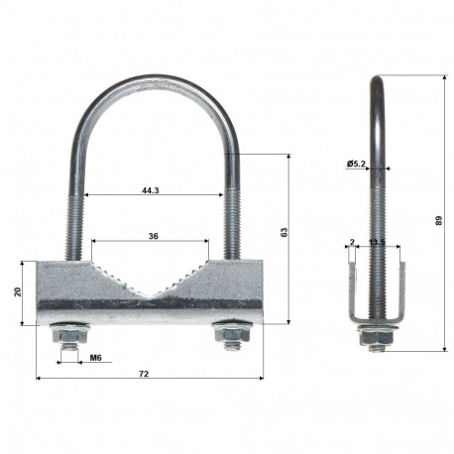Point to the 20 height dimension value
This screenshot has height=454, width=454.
17,292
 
